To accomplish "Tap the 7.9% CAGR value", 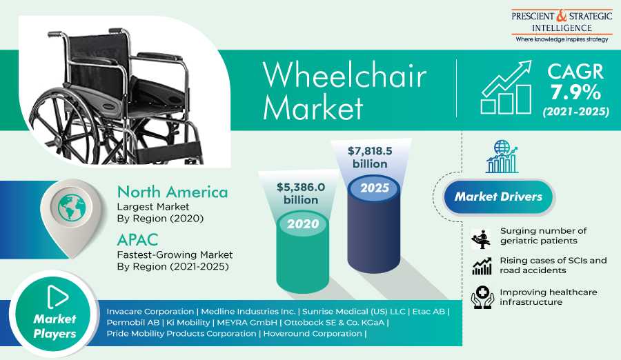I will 575,92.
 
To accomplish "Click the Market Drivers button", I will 498,197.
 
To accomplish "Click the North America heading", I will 172,192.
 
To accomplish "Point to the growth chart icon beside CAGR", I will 506,88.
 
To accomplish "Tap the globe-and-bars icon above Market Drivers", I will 502,157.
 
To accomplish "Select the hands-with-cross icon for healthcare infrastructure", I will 481,297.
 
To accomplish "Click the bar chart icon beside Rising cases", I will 481,266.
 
